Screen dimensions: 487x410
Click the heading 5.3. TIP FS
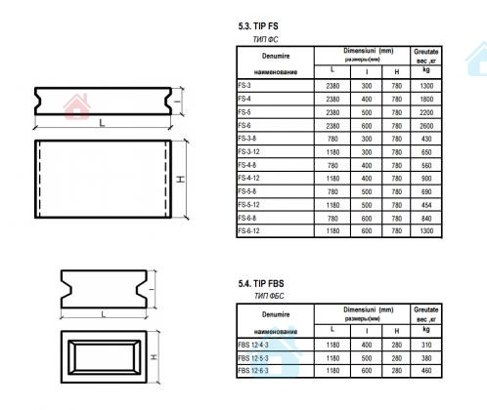[258, 26]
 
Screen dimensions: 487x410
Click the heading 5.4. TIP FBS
[261, 284]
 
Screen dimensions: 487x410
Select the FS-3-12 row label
[248, 152]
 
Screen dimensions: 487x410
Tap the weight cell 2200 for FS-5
[426, 112]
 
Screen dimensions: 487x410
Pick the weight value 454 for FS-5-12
[426, 205]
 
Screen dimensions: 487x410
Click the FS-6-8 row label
[247, 218]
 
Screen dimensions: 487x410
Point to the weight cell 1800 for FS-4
[426, 100]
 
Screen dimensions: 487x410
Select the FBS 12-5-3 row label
[253, 358]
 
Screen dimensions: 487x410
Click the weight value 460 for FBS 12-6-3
[426, 371]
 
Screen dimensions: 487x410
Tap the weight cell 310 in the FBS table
[426, 345]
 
